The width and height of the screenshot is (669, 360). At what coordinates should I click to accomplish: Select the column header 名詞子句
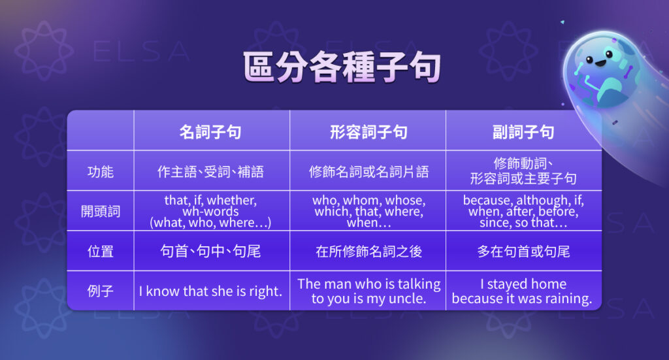click(210, 132)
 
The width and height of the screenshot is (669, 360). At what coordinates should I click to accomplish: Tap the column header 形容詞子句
click(368, 132)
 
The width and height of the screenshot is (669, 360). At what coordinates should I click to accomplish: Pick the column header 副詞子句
click(523, 132)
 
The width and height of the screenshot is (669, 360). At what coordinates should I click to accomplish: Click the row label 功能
click(100, 172)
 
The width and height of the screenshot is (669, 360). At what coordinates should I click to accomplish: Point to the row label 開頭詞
click(100, 212)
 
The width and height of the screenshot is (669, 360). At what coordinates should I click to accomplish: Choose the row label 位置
click(100, 251)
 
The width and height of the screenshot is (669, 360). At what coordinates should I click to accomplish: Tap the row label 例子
click(100, 291)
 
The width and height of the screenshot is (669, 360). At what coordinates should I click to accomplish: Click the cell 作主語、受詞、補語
click(210, 172)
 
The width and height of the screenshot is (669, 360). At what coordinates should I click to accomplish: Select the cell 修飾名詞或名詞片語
click(368, 172)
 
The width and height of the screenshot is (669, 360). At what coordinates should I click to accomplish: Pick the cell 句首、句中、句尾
click(210, 251)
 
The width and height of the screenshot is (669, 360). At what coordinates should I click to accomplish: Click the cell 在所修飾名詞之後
click(368, 251)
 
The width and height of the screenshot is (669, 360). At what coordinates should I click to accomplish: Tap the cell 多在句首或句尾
click(523, 251)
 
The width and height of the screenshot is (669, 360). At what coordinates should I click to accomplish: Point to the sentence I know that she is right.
click(210, 291)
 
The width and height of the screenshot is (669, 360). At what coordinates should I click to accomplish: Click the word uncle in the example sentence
click(408, 299)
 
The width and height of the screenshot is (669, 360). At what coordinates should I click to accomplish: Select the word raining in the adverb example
click(567, 299)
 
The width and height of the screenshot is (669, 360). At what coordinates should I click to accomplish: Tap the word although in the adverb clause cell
click(544, 201)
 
